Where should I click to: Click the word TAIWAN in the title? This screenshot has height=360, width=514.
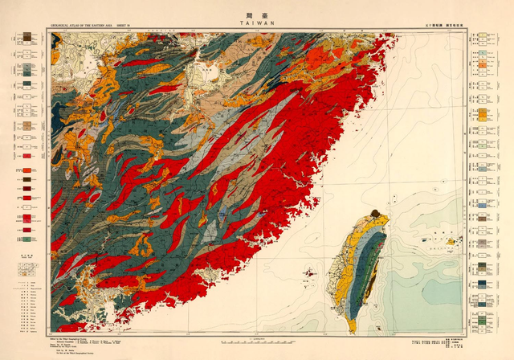pos(256,24)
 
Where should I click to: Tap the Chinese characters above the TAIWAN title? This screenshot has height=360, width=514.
pos(256,14)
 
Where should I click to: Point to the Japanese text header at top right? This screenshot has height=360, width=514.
pos(443,25)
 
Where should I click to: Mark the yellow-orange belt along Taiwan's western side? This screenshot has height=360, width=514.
pos(344,265)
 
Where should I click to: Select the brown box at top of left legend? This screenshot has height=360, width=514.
pos(27,36)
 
